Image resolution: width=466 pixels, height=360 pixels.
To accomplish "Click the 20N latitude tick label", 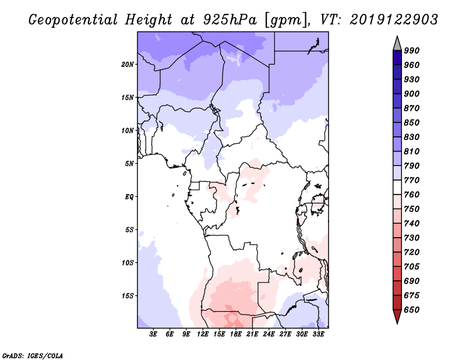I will (128, 64).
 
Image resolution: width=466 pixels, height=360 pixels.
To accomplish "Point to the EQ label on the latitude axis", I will (129, 196).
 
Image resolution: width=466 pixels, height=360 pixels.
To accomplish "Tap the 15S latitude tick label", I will (128, 295).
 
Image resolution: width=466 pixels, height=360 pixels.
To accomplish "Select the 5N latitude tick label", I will (129, 163).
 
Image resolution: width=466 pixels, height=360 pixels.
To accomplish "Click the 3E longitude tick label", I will (154, 334).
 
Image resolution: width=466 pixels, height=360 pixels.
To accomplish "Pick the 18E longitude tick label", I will (236, 334).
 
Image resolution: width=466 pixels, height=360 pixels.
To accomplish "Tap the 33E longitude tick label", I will (318, 334).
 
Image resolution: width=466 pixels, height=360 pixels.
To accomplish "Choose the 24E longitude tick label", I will (269, 334).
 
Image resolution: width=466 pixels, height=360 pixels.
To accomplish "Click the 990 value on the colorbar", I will (412, 51).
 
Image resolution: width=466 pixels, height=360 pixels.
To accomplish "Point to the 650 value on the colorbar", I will (412, 309).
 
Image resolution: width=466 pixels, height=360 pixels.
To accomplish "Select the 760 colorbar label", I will (412, 195).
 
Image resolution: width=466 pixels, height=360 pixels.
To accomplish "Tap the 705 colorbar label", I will (412, 266).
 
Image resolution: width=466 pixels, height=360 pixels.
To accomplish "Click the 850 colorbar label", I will (412, 122).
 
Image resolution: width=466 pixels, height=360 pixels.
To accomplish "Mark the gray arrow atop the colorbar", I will (397, 43).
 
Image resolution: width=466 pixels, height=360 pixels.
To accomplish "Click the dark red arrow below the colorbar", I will (397, 317).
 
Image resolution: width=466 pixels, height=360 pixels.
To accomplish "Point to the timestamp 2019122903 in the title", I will (394, 20).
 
